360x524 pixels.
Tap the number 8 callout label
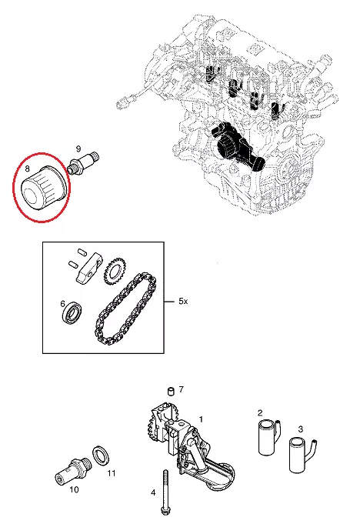pyautogui.click(x=28, y=169)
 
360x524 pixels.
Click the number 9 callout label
pyautogui.click(x=78, y=149)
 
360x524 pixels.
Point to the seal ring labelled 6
pyautogui.click(x=72, y=312)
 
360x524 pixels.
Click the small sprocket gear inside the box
pyautogui.click(x=113, y=271)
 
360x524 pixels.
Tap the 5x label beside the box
pyautogui.click(x=183, y=302)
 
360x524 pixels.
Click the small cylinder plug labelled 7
pyautogui.click(x=171, y=391)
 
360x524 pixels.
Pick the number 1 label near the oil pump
pyautogui.click(x=201, y=419)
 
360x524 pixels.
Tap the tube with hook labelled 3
pyautogui.click(x=302, y=456)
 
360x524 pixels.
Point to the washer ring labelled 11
pyautogui.click(x=102, y=456)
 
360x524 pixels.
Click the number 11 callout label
pyautogui.click(x=112, y=473)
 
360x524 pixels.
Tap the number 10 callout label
pyautogui.click(x=74, y=490)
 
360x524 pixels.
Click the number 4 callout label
pyautogui.click(x=153, y=492)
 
